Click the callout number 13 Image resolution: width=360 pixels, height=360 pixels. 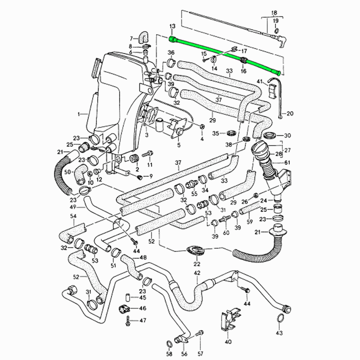coord(172,26)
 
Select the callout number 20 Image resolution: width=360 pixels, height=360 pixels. coord(290,113)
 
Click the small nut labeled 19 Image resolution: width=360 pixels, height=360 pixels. coord(277,31)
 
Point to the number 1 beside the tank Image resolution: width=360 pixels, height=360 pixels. coord(79,114)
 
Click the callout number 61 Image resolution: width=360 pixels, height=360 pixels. coord(287,162)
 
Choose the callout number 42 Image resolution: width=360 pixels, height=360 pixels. coord(197,273)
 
